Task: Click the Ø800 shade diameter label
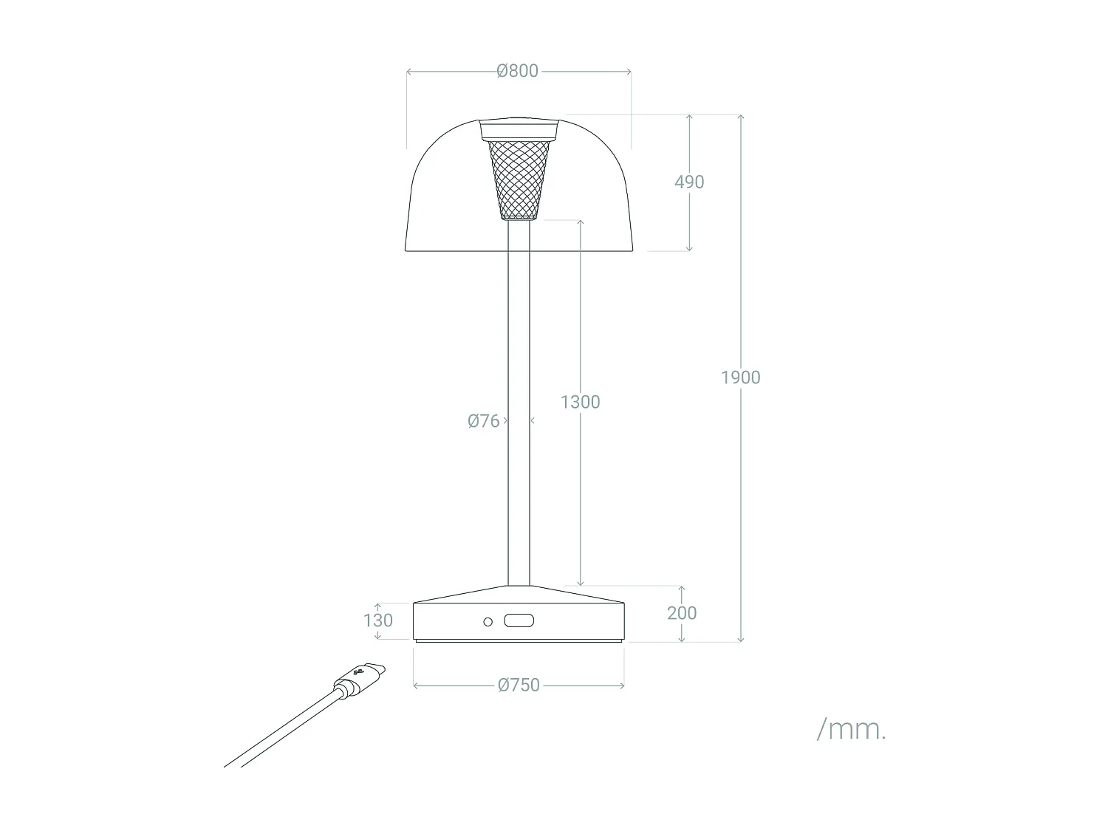[518, 71]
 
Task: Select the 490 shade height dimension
[689, 182]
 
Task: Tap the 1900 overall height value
[740, 377]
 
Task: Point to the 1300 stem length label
[580, 402]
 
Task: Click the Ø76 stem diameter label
[484, 421]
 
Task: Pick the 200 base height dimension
[681, 612]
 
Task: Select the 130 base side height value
[378, 620]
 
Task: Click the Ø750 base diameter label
[519, 685]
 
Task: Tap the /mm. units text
[851, 729]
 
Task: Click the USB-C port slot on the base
[519, 621]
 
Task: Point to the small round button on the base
[488, 622]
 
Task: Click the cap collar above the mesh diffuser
[519, 131]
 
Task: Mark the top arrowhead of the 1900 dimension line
[740, 117]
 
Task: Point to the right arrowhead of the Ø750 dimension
[622, 686]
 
